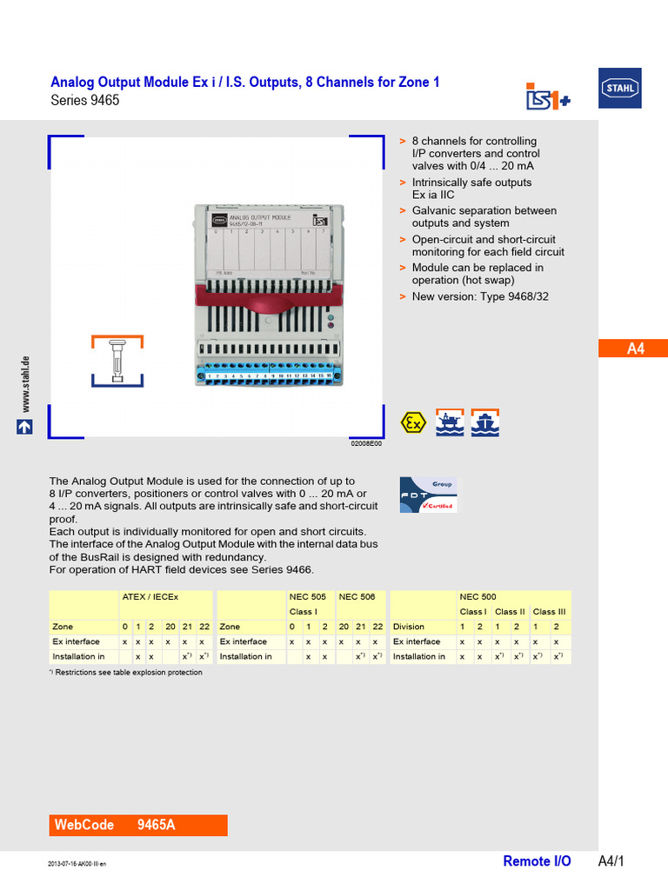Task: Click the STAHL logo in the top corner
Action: click(620, 88)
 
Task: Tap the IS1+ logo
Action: click(547, 96)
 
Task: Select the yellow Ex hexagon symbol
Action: click(412, 423)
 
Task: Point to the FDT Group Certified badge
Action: click(428, 494)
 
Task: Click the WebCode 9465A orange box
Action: click(138, 825)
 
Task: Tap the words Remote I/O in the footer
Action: click(537, 861)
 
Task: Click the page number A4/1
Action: click(611, 861)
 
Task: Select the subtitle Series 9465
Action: click(85, 100)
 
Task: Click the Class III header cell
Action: click(550, 612)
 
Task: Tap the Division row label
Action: click(409, 627)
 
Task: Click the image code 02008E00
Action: click(366, 443)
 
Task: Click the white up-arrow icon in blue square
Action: click(24, 427)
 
